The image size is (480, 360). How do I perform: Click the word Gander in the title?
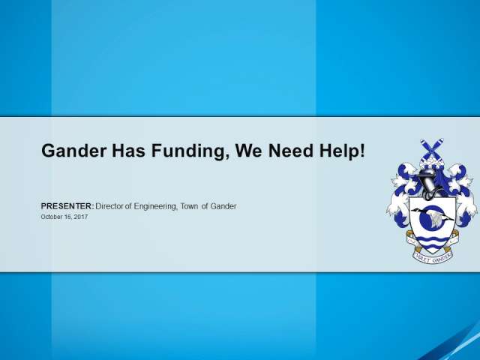tap(74, 151)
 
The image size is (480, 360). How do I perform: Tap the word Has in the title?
tap(128, 151)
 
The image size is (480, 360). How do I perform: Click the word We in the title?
tap(248, 151)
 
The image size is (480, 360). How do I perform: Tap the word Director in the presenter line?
tap(109, 206)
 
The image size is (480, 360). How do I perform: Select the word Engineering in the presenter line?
tap(155, 207)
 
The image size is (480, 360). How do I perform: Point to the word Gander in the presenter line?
tap(223, 206)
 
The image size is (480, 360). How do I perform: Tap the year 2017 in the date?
tap(81, 217)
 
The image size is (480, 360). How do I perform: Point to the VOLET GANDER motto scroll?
tap(433, 258)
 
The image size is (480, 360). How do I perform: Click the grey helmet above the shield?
tap(427, 183)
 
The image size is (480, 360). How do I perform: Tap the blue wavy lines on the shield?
tap(432, 241)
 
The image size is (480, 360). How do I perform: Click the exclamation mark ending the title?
tap(362, 151)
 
